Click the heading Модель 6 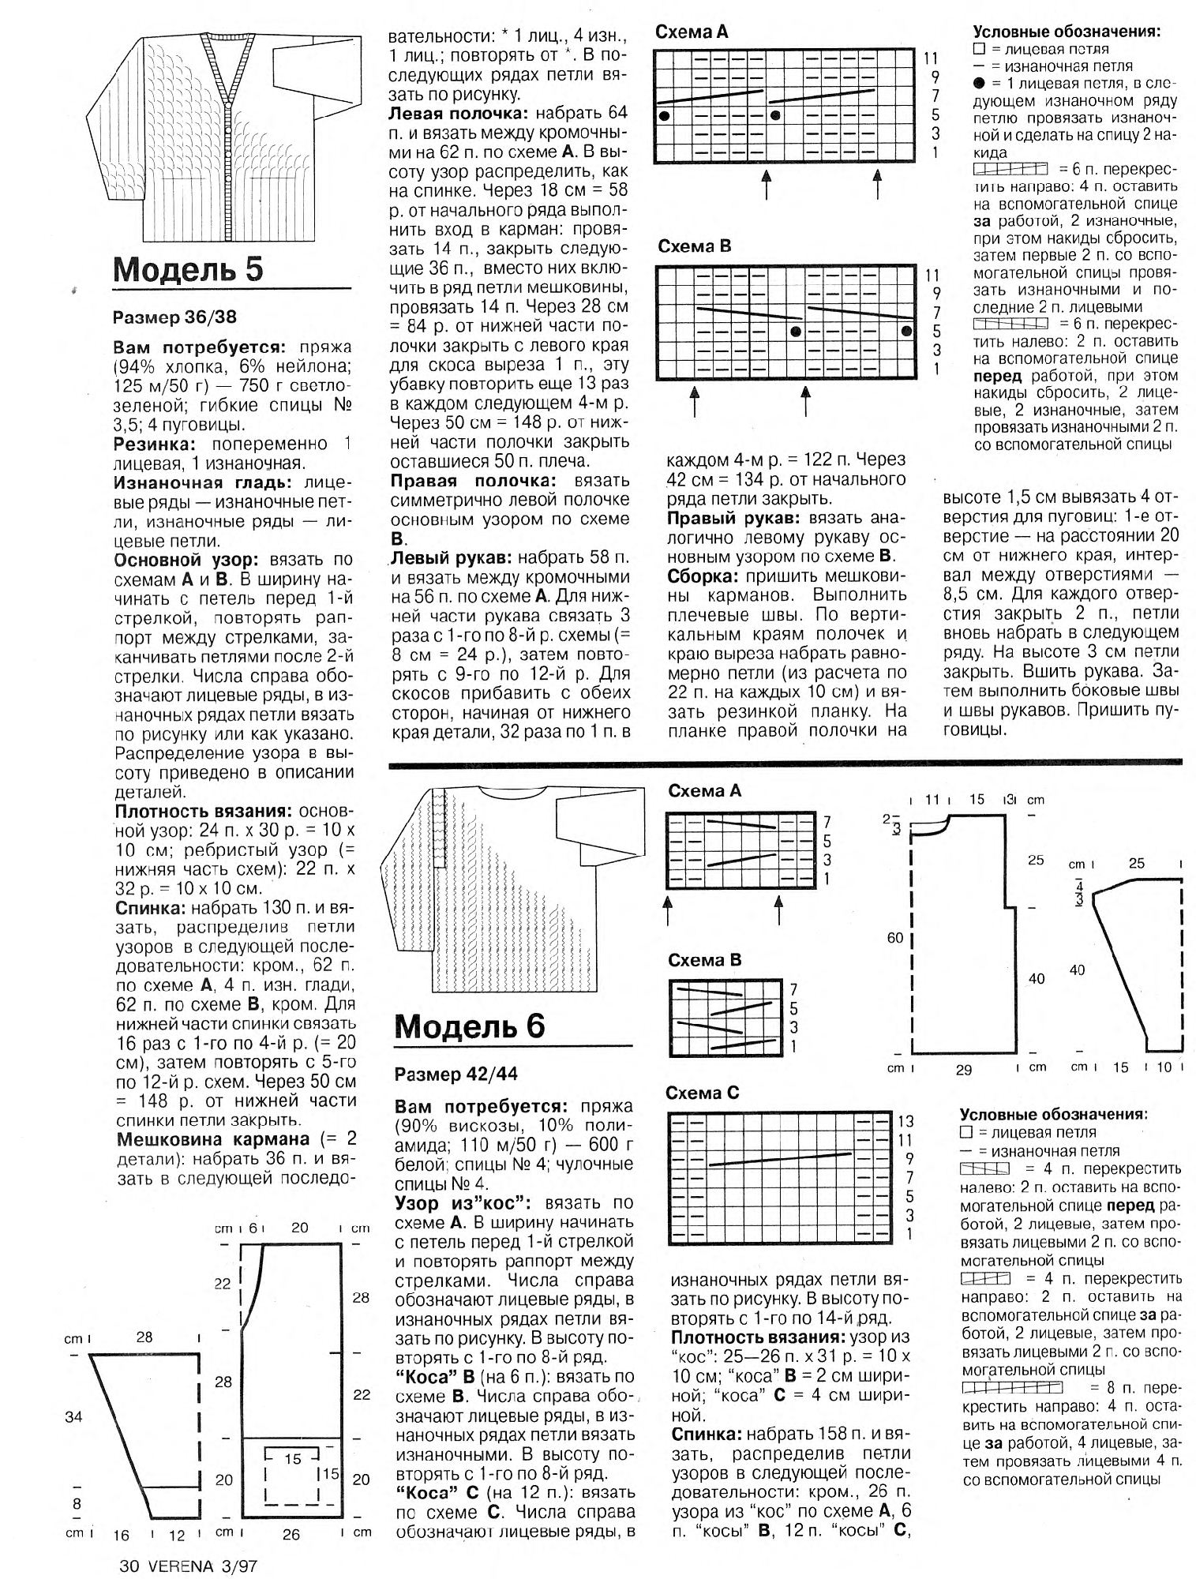click(x=470, y=1026)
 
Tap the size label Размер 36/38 click(x=174, y=318)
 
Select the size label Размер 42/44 click(x=456, y=1074)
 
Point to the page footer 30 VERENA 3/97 click(x=189, y=1562)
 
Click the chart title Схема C click(x=703, y=1093)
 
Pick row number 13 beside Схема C click(x=905, y=1122)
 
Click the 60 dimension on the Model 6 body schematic click(x=894, y=938)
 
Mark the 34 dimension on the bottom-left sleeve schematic click(x=73, y=1417)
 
